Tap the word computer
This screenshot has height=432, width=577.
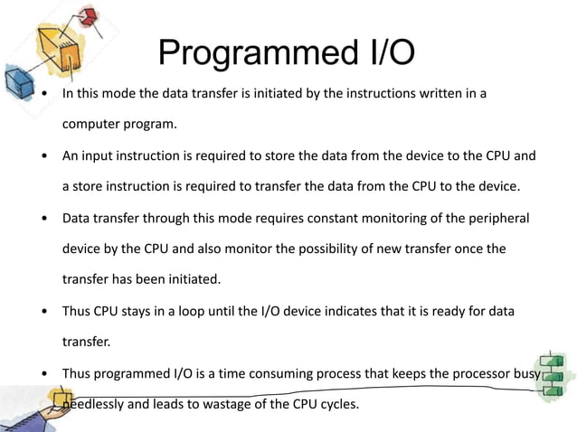(x=90, y=124)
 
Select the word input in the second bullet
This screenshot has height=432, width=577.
(x=101, y=155)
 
